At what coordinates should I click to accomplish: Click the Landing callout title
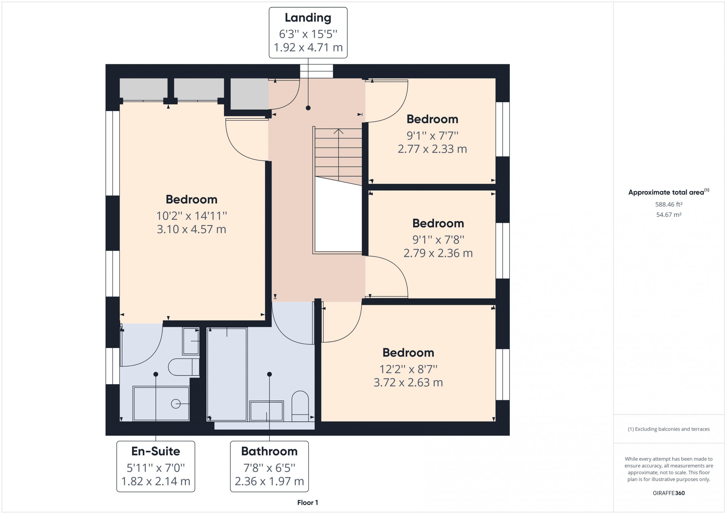[x=308, y=18]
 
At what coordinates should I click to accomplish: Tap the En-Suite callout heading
[x=155, y=451]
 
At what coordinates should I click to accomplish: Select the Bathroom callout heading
[x=269, y=451]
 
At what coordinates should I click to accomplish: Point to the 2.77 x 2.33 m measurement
[x=432, y=149]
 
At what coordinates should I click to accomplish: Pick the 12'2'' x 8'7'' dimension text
[x=408, y=369]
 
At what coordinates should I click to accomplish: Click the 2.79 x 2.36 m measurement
[x=438, y=253]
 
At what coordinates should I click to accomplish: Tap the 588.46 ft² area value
[x=669, y=204]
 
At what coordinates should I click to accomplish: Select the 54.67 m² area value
[x=669, y=215]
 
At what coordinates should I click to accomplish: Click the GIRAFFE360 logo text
[x=669, y=493]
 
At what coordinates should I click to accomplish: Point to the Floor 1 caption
[x=308, y=502]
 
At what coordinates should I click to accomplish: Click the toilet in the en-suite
[x=184, y=367]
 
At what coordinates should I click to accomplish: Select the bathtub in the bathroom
[x=227, y=374]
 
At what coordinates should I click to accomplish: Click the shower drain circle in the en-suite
[x=176, y=404]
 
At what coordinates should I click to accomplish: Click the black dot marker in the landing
[x=308, y=108]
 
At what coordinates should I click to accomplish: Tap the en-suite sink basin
[x=191, y=341]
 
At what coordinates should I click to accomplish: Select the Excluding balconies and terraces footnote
[x=669, y=429]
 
